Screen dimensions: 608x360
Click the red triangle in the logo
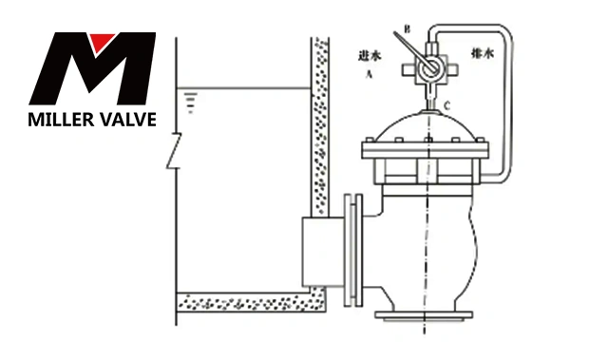tap(102, 41)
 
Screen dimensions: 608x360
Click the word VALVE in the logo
tap(125, 120)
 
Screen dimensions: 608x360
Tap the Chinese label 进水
tap(370, 56)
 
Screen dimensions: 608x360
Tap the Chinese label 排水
tap(483, 52)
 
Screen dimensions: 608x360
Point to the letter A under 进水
tap(370, 73)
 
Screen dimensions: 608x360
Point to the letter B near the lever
tap(408, 29)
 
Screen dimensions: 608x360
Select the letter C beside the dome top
tap(447, 105)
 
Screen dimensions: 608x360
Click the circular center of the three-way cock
tap(428, 69)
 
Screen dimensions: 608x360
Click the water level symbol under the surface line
tap(190, 103)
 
